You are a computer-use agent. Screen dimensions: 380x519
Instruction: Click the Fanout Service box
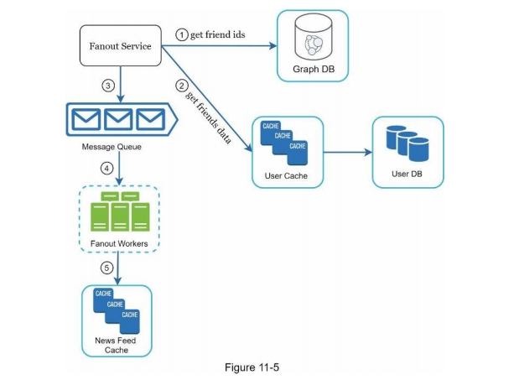coord(120,46)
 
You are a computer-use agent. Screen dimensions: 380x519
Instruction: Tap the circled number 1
coord(180,34)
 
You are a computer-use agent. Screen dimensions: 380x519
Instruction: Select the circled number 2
coord(180,85)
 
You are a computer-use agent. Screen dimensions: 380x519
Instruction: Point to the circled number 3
coord(106,86)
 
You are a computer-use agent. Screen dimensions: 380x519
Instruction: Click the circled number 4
coord(106,168)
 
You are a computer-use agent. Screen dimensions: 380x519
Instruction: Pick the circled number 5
coord(106,268)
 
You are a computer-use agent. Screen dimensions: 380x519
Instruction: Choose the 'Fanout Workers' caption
coord(119,243)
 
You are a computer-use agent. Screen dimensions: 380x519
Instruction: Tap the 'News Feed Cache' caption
coord(117,345)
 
